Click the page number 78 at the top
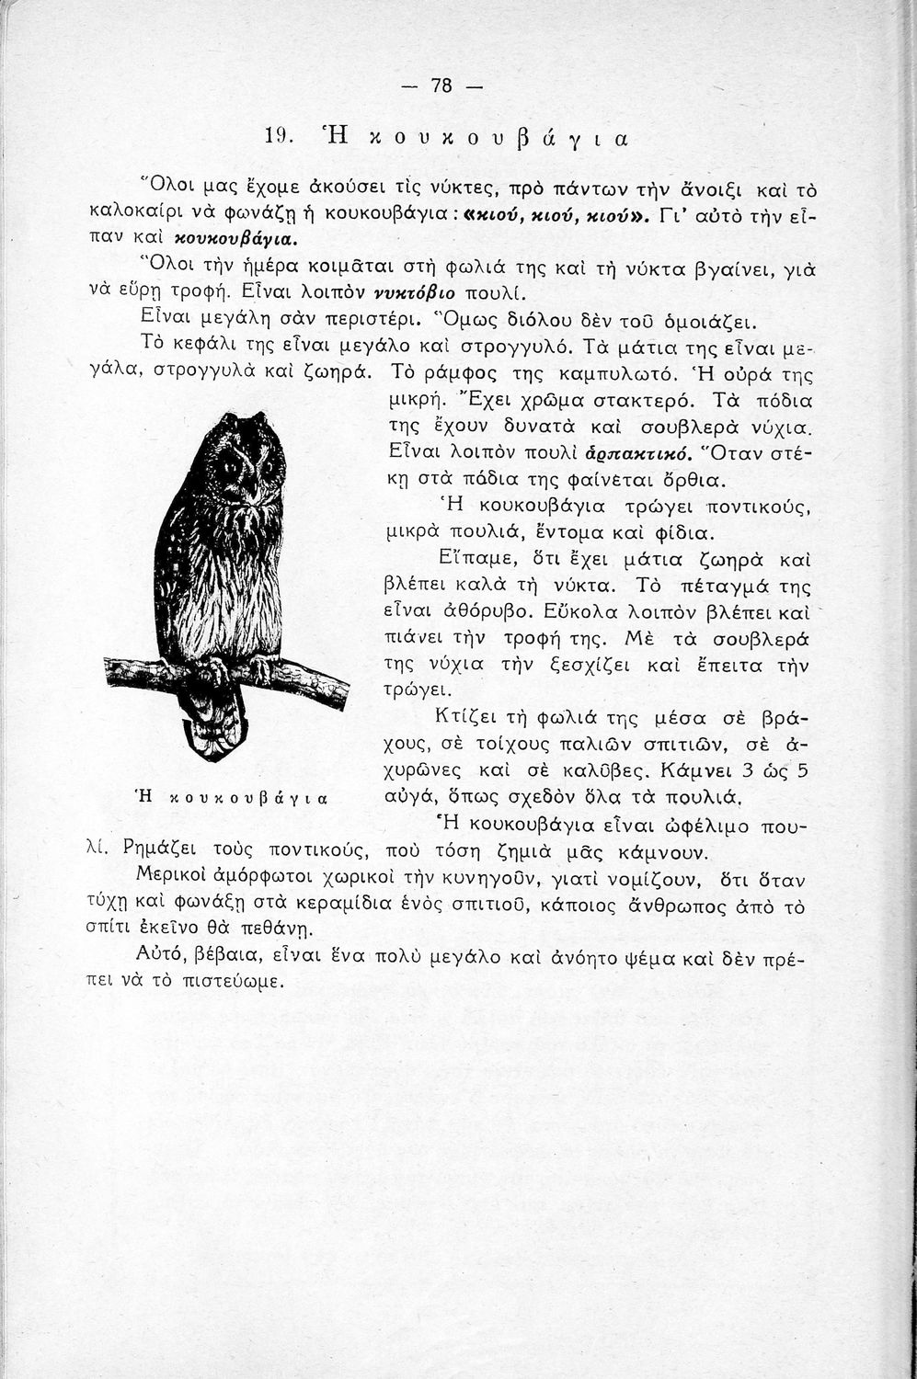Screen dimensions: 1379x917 pyautogui.click(x=442, y=86)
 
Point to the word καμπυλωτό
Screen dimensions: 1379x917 pyautogui.click(x=620, y=375)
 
